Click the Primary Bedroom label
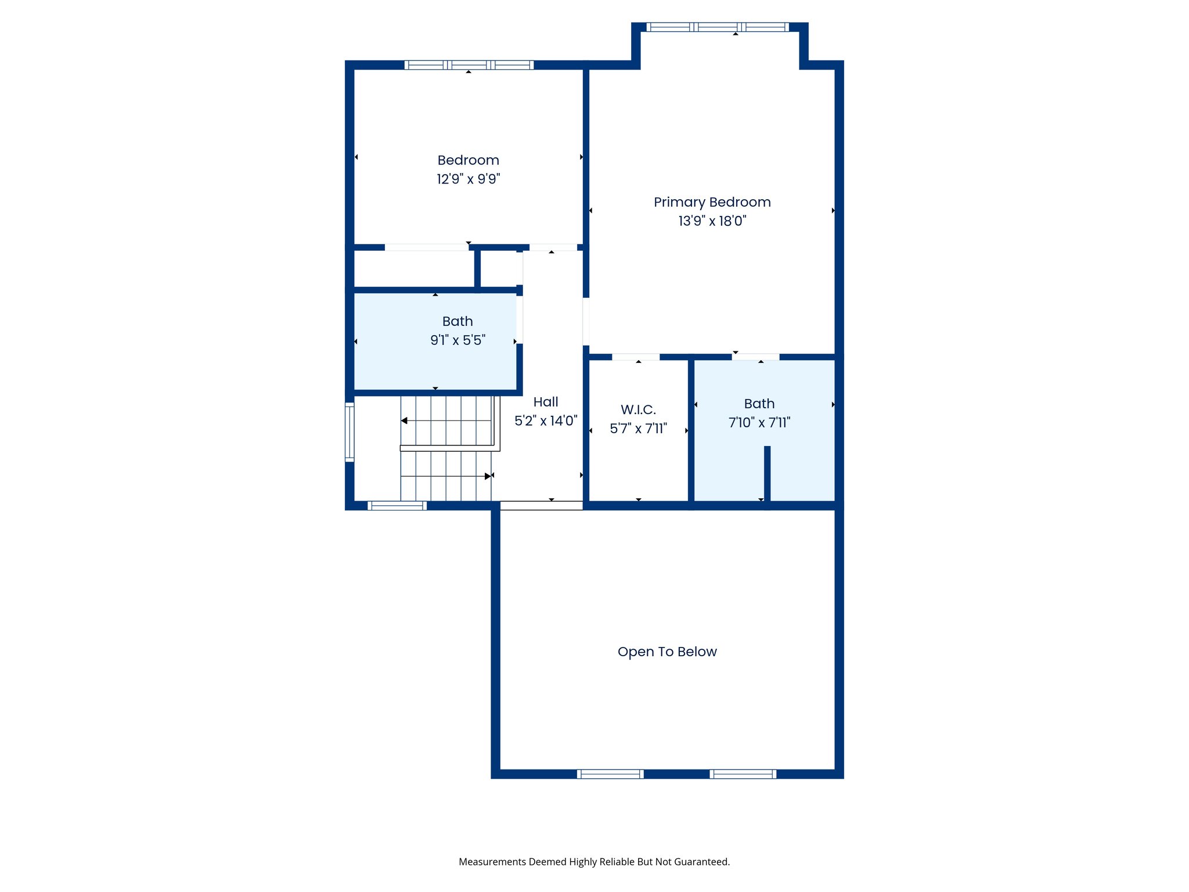pos(712,202)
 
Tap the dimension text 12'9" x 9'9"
pos(468,179)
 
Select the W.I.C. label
pos(638,409)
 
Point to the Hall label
pos(546,402)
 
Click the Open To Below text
pos(667,652)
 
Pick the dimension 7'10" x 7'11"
pos(759,423)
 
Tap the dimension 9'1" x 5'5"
pos(457,340)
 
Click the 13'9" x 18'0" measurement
pos(712,221)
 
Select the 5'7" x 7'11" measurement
pos(638,429)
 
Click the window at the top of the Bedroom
pos(469,65)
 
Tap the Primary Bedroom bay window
pos(718,27)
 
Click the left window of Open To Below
pos(610,774)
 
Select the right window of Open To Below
pos(743,774)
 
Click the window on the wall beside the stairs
pos(350,432)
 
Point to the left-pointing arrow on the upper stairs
pos(405,420)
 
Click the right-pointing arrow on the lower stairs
pos(487,476)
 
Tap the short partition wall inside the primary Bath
pos(767,473)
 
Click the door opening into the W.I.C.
pos(636,357)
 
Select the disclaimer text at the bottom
pos(594,862)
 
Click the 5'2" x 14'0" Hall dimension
pos(546,420)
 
